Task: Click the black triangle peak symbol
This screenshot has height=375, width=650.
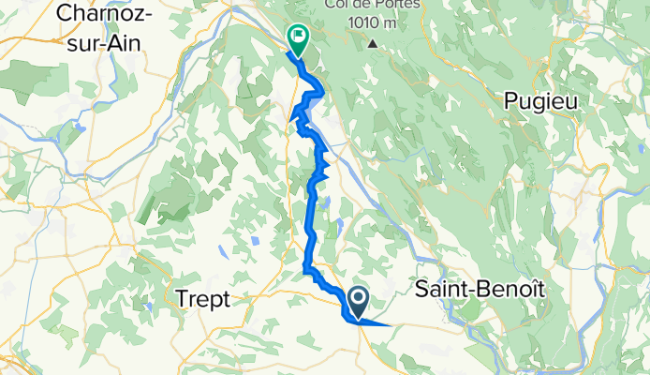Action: coord(373,43)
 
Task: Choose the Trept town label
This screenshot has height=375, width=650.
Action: coord(202,298)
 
